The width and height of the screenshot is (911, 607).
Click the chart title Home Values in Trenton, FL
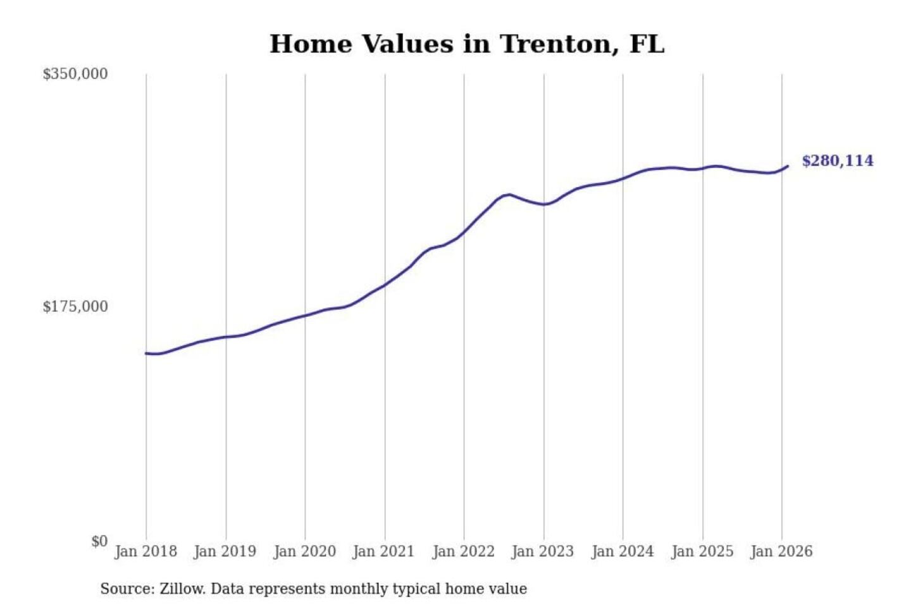pos(467,44)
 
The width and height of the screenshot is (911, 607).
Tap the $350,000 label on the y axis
pos(75,74)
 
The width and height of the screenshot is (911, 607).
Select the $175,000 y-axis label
pos(75,307)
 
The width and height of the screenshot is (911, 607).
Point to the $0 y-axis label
pos(99,541)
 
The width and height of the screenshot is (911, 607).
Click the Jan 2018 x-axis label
pos(146,551)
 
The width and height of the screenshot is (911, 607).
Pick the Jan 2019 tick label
pos(225,551)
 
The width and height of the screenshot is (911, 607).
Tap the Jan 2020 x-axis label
pos(304,551)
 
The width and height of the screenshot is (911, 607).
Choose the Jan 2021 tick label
pos(383,551)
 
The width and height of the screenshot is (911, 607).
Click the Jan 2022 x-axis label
pos(463,551)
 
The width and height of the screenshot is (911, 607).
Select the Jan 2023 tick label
pos(542,551)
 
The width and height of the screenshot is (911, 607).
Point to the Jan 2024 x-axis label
pos(622,551)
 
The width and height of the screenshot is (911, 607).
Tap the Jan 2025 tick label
pos(702,551)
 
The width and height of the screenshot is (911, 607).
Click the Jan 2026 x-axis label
pos(781,551)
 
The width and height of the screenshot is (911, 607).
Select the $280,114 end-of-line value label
pos(838,161)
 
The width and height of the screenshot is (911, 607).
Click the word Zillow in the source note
pos(182,589)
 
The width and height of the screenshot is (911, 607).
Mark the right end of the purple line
pos(788,166)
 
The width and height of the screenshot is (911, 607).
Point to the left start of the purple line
pos(146,353)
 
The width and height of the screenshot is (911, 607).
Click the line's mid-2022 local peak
pos(509,194)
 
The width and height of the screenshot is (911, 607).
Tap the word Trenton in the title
pos(557,44)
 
